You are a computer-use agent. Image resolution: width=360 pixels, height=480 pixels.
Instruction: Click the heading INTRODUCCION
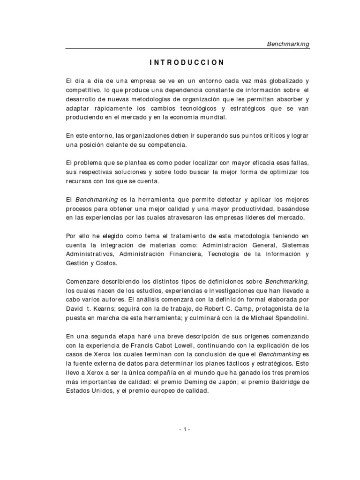187,62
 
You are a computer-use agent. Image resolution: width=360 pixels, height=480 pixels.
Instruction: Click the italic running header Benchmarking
288,44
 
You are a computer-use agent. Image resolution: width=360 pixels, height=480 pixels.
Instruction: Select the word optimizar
275,172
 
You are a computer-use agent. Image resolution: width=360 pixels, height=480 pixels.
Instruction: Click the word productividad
252,208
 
